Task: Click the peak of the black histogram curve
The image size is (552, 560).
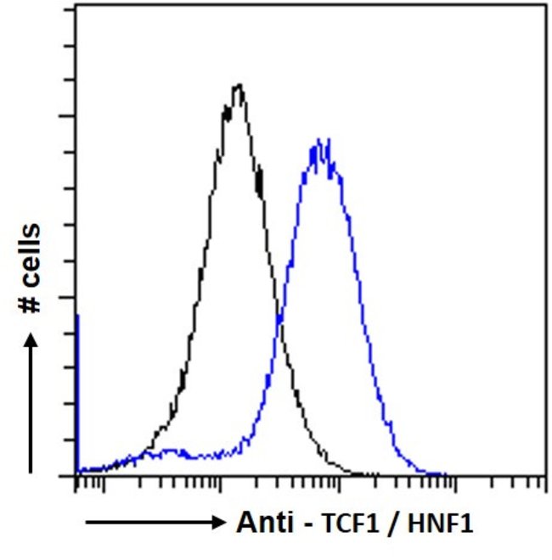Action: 239,85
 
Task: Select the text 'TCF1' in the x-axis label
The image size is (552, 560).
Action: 348,521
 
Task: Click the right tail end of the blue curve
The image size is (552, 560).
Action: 446,473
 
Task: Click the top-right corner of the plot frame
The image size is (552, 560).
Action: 544,5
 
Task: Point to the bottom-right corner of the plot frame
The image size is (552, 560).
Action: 544,475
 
